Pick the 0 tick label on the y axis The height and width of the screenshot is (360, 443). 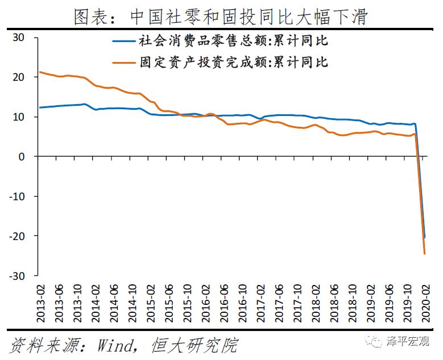pyautogui.click(x=23, y=156)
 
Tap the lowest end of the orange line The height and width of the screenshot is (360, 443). pyautogui.click(x=424, y=253)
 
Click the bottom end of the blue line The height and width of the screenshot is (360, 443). pyautogui.click(x=424, y=237)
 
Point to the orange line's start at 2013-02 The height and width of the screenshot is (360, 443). pyautogui.click(x=39, y=72)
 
